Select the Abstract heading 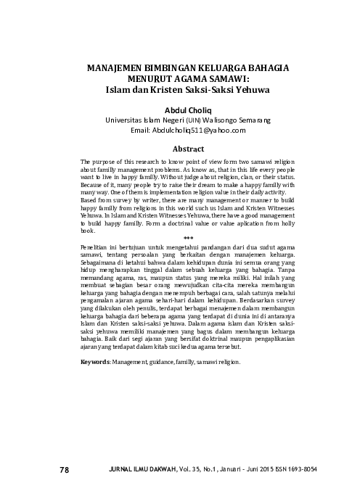(189, 147)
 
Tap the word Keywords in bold (95, 360)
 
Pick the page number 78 (64, 470)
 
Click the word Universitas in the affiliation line (128, 120)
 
